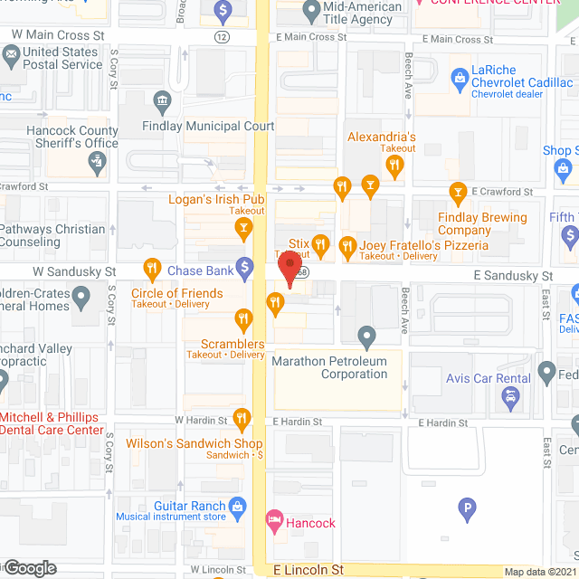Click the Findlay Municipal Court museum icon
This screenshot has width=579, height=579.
163,100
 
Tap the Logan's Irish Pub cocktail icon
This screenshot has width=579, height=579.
242,231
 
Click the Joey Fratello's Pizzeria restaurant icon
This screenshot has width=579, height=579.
346,245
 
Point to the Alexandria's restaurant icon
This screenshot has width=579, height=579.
394,165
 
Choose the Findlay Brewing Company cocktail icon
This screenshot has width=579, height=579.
458,192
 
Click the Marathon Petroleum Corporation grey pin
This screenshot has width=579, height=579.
366,337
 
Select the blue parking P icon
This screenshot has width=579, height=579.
467,509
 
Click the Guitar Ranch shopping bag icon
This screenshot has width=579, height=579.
238,506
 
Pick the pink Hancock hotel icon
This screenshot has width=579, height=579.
273,521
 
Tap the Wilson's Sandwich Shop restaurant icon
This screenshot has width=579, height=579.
242,418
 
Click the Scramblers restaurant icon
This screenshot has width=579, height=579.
242,318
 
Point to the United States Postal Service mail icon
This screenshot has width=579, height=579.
11,55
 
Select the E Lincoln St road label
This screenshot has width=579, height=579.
309,570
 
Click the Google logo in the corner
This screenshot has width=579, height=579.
29,567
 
